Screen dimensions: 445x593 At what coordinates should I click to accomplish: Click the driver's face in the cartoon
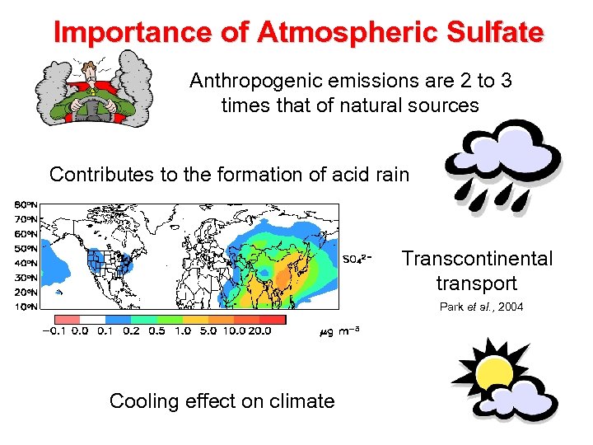pyautogui.click(x=92, y=72)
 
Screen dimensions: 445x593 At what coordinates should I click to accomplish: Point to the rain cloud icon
pyautogui.click(x=502, y=152)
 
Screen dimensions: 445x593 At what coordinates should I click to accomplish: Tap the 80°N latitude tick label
pyautogui.click(x=26, y=204)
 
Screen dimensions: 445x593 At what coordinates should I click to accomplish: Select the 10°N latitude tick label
pyautogui.click(x=26, y=307)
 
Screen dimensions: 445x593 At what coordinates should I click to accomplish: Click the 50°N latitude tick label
pyautogui.click(x=26, y=248)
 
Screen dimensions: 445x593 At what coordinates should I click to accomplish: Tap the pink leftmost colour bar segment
pyautogui.click(x=67, y=318)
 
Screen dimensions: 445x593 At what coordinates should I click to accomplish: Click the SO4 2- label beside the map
pyautogui.click(x=361, y=259)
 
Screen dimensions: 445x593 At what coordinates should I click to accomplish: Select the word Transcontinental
pyautogui.click(x=477, y=259)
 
